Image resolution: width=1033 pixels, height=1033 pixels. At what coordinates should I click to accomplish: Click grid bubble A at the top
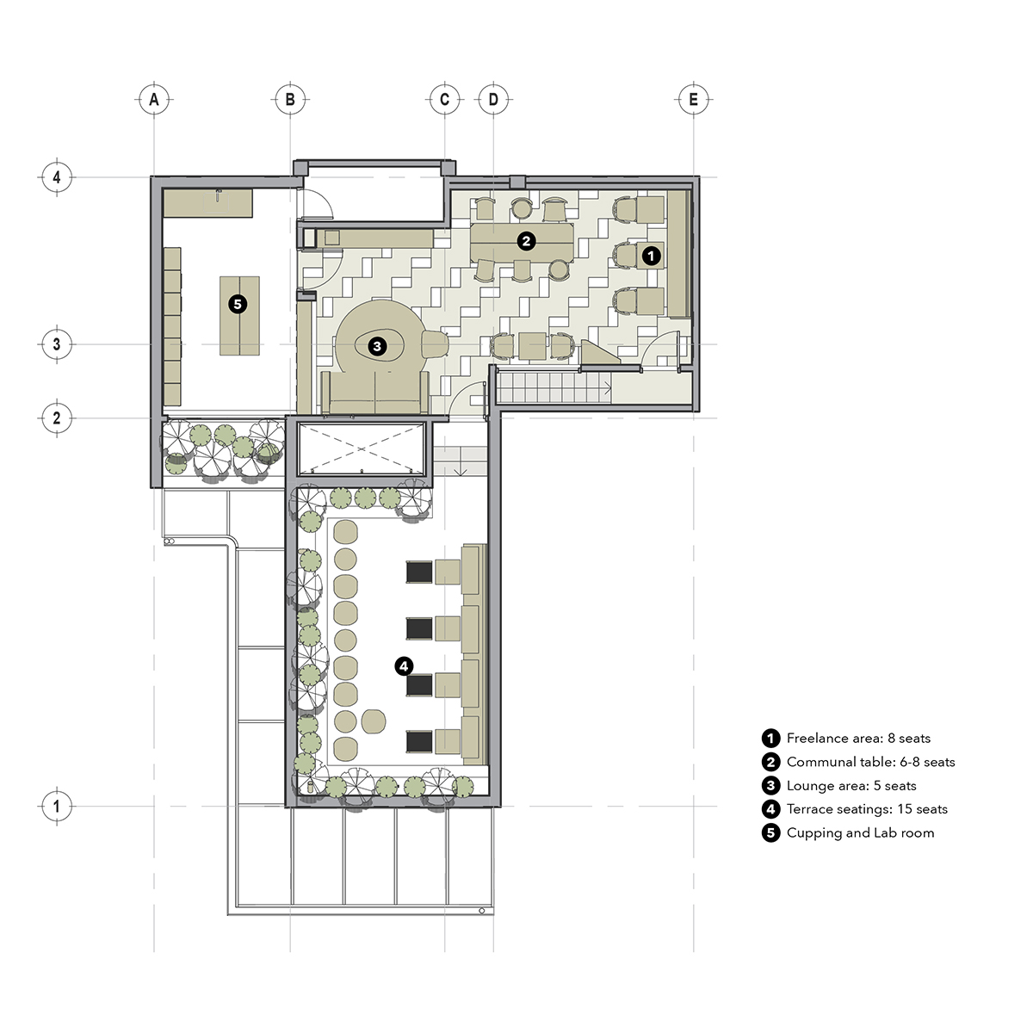154,100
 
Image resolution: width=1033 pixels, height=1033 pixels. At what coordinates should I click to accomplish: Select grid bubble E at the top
693,100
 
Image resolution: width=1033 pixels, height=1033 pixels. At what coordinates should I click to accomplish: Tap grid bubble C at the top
444,100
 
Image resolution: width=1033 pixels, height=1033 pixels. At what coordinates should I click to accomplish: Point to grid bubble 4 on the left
57,177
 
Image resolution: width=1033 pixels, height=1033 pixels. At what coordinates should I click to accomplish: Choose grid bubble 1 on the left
57,806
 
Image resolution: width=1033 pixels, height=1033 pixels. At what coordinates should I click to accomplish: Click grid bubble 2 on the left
57,418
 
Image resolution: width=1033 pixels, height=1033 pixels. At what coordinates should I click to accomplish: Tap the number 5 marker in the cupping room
238,305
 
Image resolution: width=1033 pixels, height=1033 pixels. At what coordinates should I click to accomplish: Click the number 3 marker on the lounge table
377,346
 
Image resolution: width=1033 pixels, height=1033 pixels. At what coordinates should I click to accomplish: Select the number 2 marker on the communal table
526,241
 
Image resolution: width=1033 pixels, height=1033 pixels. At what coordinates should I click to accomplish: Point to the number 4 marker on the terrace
404,666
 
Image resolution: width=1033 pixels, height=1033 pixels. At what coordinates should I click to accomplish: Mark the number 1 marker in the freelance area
652,256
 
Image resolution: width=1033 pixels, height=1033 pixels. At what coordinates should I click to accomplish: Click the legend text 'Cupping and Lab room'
860,832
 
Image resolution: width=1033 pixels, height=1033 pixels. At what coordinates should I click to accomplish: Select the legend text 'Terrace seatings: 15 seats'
867,809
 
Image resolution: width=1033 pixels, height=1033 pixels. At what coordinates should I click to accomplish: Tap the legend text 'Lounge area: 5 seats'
851,785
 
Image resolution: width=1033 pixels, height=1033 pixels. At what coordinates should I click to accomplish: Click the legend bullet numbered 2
770,762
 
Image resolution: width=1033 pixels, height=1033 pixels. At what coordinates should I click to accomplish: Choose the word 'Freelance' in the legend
818,738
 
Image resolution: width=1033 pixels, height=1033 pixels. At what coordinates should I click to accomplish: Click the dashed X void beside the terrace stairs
362,448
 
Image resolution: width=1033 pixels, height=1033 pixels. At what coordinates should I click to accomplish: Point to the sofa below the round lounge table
375,393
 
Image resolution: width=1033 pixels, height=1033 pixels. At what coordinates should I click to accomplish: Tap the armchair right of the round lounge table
435,343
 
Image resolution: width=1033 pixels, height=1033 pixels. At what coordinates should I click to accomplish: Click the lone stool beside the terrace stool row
374,721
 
